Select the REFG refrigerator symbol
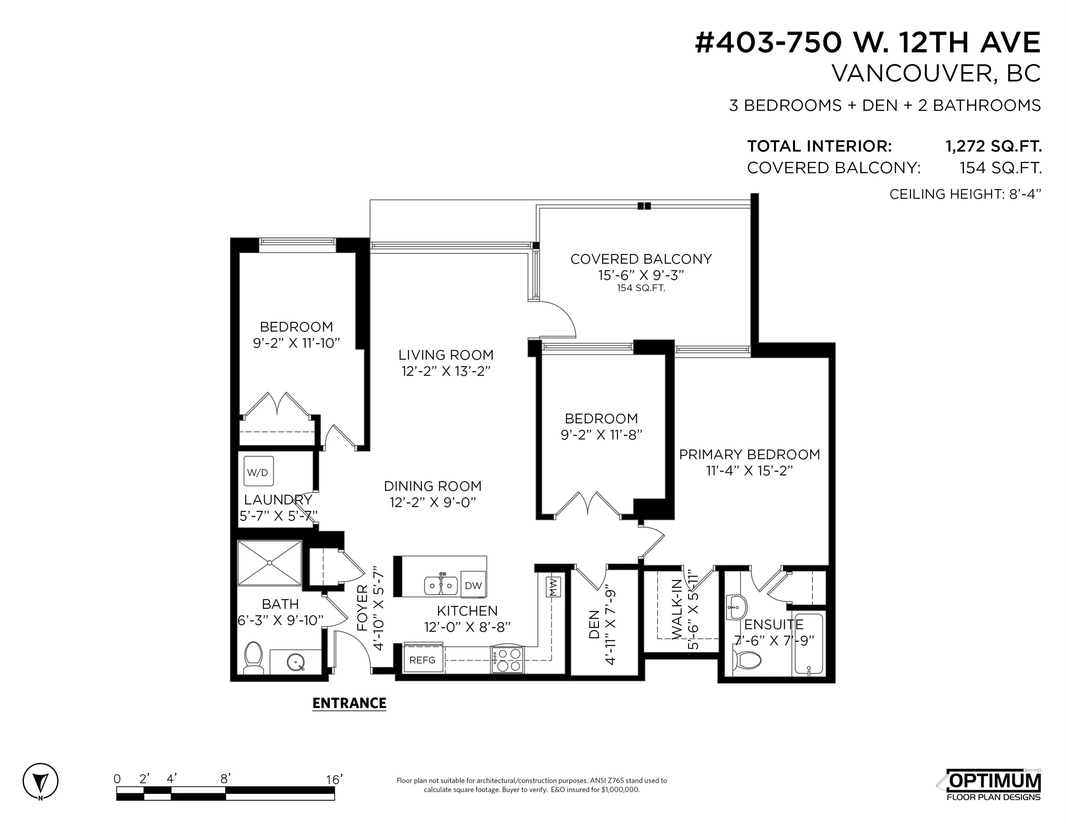click(x=423, y=659)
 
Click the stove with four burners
click(x=507, y=659)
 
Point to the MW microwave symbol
click(x=553, y=585)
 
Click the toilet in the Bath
click(x=253, y=657)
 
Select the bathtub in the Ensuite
click(x=809, y=644)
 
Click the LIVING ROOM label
click(x=446, y=355)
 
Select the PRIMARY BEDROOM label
click(x=749, y=455)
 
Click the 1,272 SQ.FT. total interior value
click(x=993, y=146)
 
